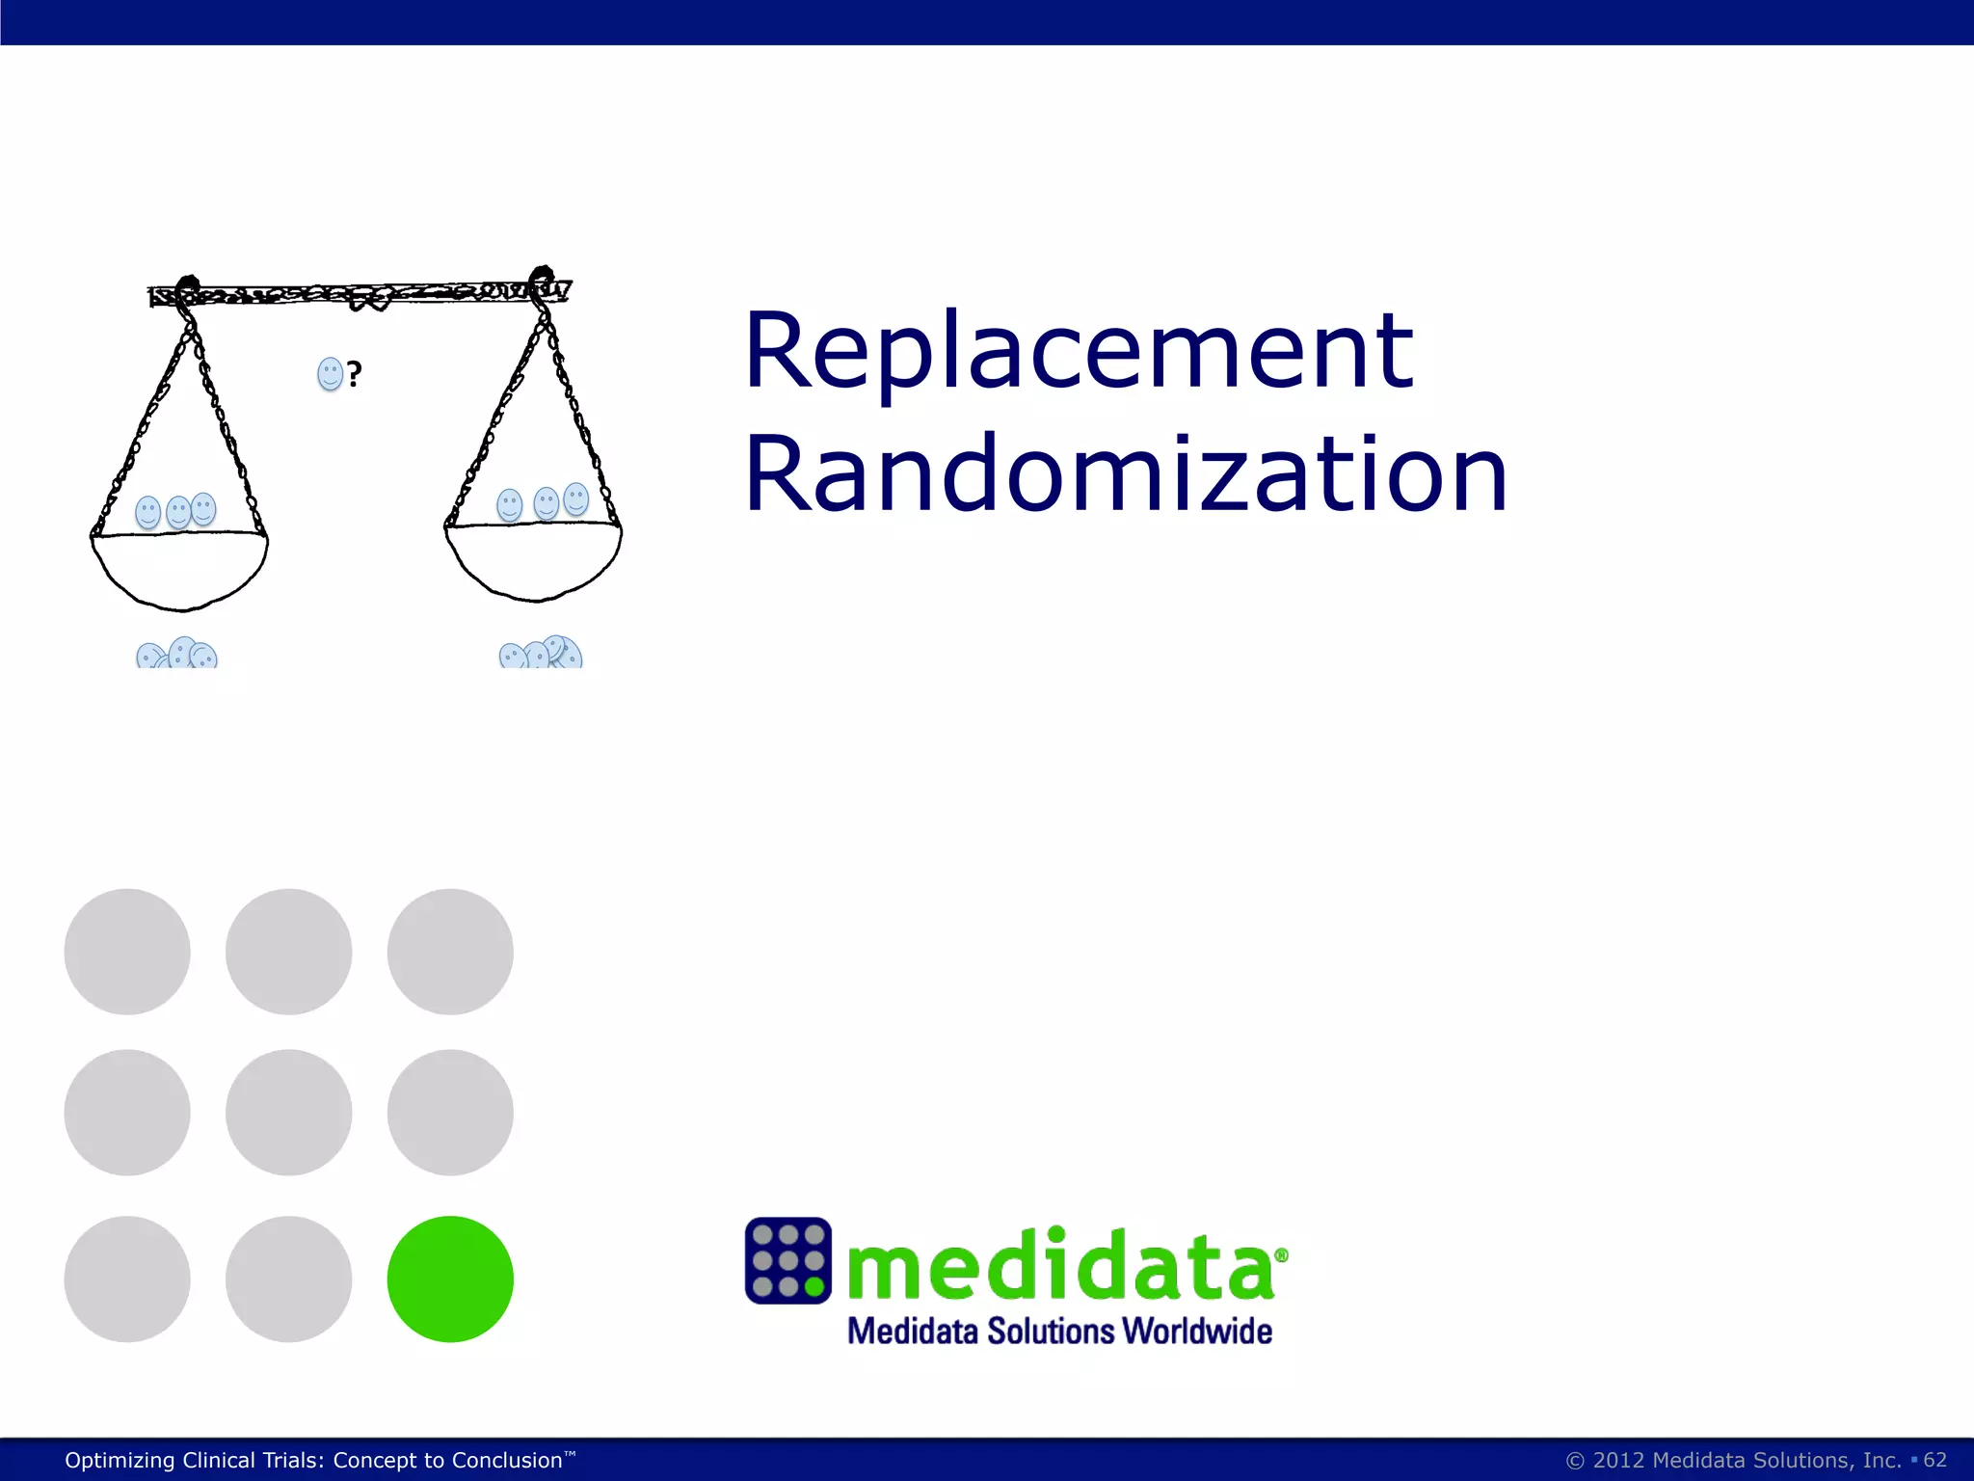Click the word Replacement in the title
click(1078, 351)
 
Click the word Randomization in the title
click(1124, 474)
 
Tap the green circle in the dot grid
click(450, 1279)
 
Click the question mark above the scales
click(355, 374)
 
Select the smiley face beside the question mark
click(330, 374)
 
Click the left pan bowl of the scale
click(179, 569)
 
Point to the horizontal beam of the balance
click(359, 292)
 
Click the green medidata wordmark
click(1060, 1265)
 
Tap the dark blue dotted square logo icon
click(787, 1260)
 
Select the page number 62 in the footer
click(1934, 1460)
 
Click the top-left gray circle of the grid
click(127, 952)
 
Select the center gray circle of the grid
click(288, 1112)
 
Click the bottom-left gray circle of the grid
click(127, 1279)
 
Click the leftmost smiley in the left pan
click(147, 512)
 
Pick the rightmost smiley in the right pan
click(575, 499)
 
